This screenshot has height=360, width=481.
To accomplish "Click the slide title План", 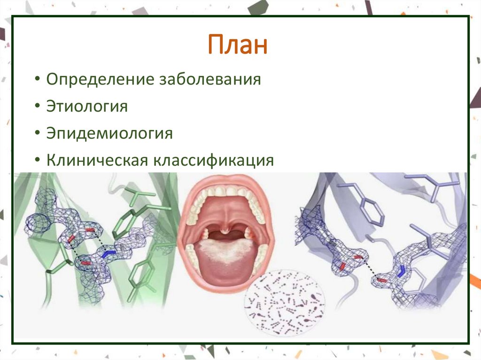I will pyautogui.click(x=238, y=46).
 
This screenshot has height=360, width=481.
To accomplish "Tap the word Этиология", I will pyautogui.click(x=87, y=106).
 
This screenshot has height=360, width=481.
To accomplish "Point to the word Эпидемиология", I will pyautogui.click(x=109, y=133).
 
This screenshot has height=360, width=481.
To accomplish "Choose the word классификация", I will pyautogui.click(x=213, y=161).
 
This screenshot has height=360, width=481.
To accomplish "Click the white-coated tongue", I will pyautogui.click(x=227, y=251).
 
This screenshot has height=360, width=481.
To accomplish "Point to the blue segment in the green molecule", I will pyautogui.click(x=109, y=254).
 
